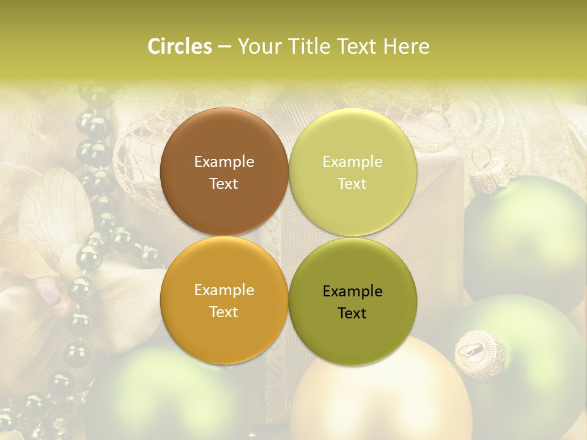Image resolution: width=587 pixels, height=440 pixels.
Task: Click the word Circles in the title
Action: [x=180, y=46]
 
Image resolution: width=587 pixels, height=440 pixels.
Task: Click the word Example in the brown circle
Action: [x=224, y=162]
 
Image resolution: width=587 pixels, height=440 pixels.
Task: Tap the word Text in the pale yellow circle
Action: [x=352, y=184]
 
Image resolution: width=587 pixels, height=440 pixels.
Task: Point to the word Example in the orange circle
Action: [x=224, y=290]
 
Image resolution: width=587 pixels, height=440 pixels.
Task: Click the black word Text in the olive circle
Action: [x=352, y=313]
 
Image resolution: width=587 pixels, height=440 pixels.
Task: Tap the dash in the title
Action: [x=224, y=46]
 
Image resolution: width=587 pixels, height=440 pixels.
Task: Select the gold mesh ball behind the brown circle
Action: [x=138, y=159]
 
